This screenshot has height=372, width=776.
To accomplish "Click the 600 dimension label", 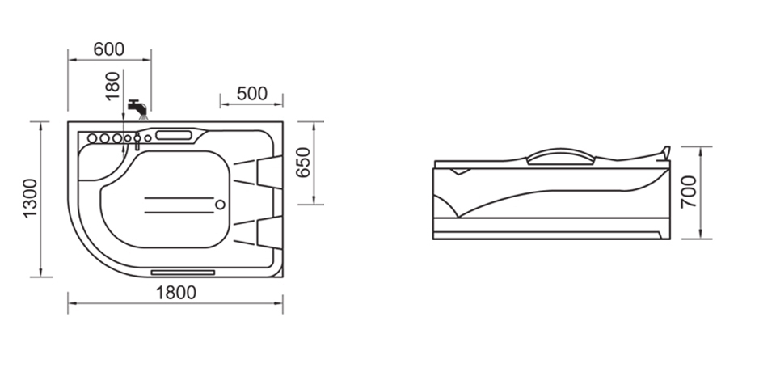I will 109,49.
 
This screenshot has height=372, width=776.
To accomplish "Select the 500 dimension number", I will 251,93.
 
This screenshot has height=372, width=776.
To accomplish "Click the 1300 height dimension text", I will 30,198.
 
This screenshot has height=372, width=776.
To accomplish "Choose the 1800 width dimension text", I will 175,293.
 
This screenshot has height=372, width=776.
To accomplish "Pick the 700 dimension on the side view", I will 690,192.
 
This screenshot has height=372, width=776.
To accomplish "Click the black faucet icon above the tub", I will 137,106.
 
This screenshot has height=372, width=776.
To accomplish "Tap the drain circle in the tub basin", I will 219,205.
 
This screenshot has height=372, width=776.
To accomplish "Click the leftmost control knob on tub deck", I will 92,139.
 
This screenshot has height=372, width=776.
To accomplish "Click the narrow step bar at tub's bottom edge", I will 183,272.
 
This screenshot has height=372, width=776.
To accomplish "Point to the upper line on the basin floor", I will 182,197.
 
